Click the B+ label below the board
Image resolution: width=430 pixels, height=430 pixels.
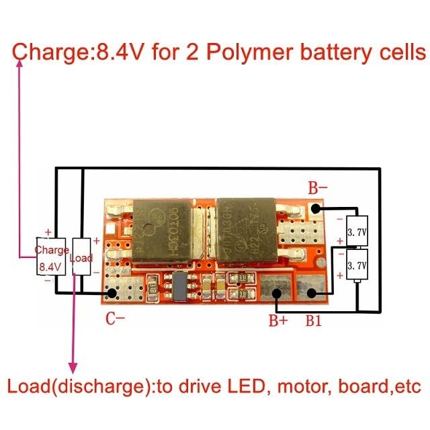[278, 321]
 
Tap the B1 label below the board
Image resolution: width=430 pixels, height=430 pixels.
[314, 321]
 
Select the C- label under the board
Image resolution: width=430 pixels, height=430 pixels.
[115, 319]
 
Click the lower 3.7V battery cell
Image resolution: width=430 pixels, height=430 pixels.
[356, 266]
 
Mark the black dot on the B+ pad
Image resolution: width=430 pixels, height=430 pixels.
[277, 293]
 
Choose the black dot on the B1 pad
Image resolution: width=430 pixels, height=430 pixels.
[312, 293]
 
